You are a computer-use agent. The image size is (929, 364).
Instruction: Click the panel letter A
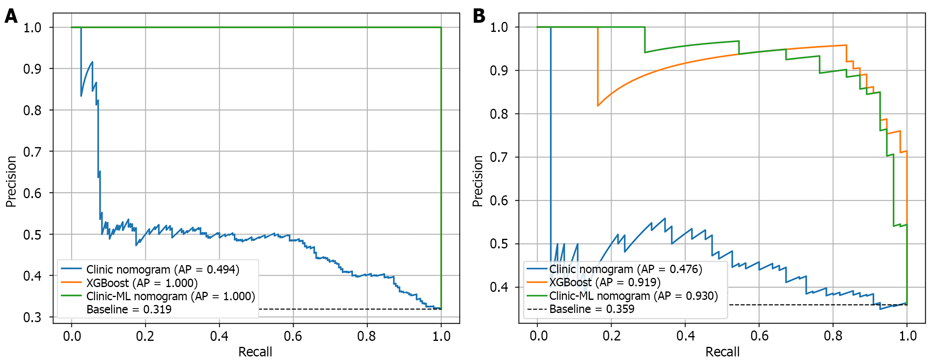pyautogui.click(x=11, y=16)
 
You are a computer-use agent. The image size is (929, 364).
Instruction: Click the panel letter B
pyautogui.click(x=479, y=16)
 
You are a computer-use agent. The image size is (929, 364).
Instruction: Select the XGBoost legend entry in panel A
pyautogui.click(x=141, y=283)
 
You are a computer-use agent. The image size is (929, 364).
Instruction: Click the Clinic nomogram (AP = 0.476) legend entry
pyautogui.click(x=625, y=269)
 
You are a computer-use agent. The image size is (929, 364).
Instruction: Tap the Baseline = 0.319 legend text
pyautogui.click(x=129, y=309)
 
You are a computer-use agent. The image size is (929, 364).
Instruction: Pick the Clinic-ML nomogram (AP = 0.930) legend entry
pyautogui.click(x=633, y=296)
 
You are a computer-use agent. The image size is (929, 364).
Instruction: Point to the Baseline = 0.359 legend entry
pyautogui.click(x=591, y=309)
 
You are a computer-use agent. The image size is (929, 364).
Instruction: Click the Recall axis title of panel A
pyautogui.click(x=255, y=352)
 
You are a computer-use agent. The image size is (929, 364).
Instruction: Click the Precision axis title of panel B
pyautogui.click(x=477, y=181)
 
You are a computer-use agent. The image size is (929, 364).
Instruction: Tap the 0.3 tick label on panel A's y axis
pyautogui.click(x=32, y=317)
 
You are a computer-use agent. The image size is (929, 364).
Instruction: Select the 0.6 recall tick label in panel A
pyautogui.click(x=293, y=336)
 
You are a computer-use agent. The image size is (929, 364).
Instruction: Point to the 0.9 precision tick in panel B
pyautogui.click(x=499, y=71)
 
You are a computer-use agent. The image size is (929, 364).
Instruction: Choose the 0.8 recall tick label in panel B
pyautogui.click(x=833, y=336)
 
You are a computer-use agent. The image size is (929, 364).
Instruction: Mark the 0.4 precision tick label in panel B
pyautogui.click(x=499, y=287)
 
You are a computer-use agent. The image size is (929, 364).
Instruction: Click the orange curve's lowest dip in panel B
pyautogui.click(x=598, y=106)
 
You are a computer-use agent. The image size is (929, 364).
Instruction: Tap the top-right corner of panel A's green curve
pyautogui.click(x=441, y=28)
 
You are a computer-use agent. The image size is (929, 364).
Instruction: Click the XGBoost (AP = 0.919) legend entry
pyautogui.click(x=605, y=283)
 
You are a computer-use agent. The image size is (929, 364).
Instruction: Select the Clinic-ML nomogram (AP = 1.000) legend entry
pyautogui.click(x=170, y=296)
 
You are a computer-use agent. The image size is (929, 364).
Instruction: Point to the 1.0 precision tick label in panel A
pyautogui.click(x=32, y=28)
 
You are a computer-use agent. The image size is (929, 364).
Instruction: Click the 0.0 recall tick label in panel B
pyautogui.click(x=538, y=336)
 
